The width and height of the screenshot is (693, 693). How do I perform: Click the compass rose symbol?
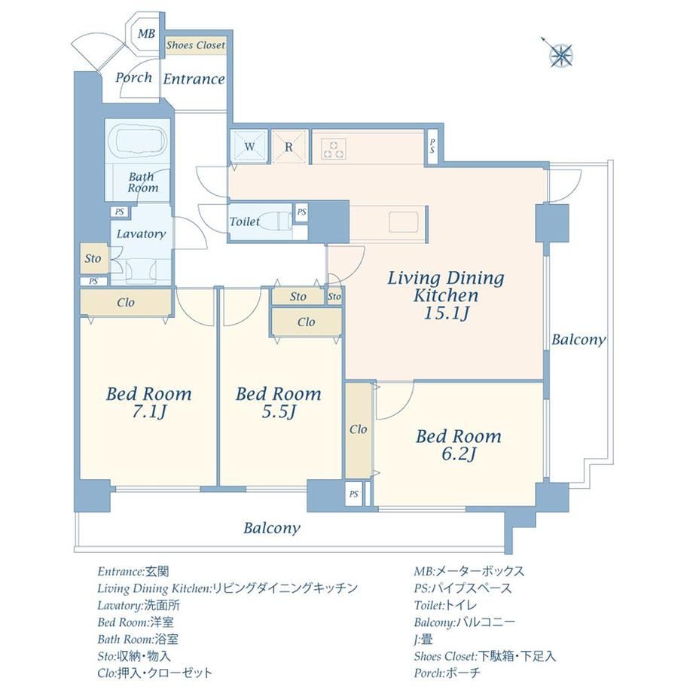[x=560, y=55]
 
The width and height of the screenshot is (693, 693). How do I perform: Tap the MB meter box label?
[x=146, y=34]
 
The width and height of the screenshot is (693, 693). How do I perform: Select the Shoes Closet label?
[x=196, y=44]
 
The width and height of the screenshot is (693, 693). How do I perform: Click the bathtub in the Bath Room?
[x=137, y=139]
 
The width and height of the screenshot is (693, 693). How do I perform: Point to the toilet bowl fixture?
[x=274, y=221]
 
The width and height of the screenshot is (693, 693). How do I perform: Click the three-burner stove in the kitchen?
[x=334, y=148]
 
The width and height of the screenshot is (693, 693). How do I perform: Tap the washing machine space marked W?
[x=249, y=146]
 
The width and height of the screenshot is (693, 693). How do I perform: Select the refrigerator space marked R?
[x=289, y=147]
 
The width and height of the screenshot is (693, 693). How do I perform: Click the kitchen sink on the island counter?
[x=403, y=221]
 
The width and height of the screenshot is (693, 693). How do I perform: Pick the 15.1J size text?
[x=446, y=313]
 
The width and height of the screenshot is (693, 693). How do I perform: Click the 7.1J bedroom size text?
[x=149, y=412]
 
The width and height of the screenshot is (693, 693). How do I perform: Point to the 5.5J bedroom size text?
[x=279, y=412]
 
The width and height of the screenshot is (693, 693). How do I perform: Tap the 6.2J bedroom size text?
[x=459, y=454]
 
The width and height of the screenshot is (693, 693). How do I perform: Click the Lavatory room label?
[x=141, y=234]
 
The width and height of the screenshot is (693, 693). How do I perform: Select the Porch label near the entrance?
[x=133, y=78]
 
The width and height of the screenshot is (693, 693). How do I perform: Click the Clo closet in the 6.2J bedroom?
[x=358, y=429]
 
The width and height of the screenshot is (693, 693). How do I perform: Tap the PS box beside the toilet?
[x=301, y=212]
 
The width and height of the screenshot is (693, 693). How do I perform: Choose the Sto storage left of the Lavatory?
[x=93, y=258]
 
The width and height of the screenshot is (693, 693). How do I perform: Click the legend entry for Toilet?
[x=445, y=605]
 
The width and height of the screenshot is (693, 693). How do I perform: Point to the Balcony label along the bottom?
[x=272, y=528]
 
